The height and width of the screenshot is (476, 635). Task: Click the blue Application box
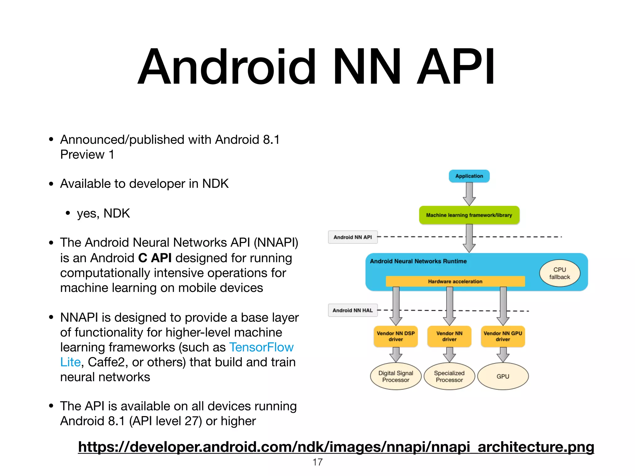pos(469,176)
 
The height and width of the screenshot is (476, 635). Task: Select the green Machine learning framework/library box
pos(469,215)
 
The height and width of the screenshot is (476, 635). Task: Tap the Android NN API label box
pos(353,237)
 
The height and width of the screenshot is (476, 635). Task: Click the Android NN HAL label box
pos(353,310)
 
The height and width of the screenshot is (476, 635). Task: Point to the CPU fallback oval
pos(559,273)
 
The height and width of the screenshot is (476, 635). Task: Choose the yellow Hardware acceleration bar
pos(455,281)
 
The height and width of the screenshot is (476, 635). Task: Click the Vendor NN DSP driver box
pos(396,336)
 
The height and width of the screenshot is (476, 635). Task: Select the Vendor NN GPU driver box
pos(503,336)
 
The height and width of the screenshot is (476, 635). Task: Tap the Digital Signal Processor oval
pos(396,376)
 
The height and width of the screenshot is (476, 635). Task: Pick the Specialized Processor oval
pos(449,376)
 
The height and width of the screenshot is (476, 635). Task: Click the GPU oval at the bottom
pos(503,376)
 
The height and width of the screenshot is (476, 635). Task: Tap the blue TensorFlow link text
pos(261,347)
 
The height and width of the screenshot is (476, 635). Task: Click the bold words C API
pos(155,258)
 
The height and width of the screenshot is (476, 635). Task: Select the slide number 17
pos(317,462)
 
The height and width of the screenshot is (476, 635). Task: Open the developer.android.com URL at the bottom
pos(336,447)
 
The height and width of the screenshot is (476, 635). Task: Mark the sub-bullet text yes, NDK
pos(103,213)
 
